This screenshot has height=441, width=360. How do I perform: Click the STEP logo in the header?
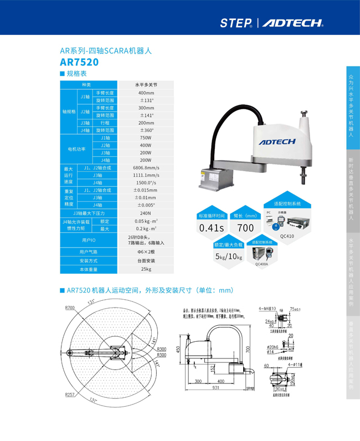click(235, 23)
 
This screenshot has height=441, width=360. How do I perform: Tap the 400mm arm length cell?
click(146, 93)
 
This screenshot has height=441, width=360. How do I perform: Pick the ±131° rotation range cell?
click(146, 100)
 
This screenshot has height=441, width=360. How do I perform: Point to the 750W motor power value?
click(146, 137)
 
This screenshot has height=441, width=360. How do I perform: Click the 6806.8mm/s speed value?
click(146, 167)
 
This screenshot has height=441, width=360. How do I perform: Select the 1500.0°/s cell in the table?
click(146, 182)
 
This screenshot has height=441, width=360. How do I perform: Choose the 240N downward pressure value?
click(146, 213)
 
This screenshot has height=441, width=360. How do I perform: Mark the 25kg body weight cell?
click(146, 269)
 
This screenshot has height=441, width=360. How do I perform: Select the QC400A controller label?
click(261, 264)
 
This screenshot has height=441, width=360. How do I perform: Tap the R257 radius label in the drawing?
click(70, 394)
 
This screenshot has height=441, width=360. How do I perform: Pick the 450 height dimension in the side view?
click(178, 349)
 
